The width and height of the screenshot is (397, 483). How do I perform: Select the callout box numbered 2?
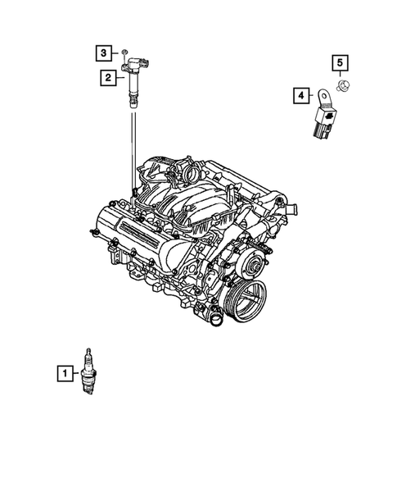click(107, 78)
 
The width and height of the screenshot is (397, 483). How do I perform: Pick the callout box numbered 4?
click(300, 97)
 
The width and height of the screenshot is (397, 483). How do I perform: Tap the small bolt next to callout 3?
click(124, 54)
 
